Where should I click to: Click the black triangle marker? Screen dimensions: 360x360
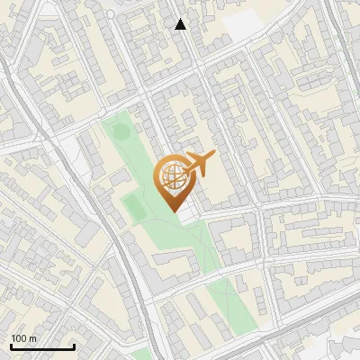[181, 24]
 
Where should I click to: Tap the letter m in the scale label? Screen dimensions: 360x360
[33, 338]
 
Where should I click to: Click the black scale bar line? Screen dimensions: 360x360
[42, 346]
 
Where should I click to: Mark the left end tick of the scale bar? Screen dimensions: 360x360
[11, 345]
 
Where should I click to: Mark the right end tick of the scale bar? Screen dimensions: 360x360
[74, 345]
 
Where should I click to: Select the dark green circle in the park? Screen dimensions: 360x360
[119, 131]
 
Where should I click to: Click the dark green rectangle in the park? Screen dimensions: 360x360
[133, 207]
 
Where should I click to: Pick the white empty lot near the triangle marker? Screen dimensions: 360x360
[241, 27]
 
